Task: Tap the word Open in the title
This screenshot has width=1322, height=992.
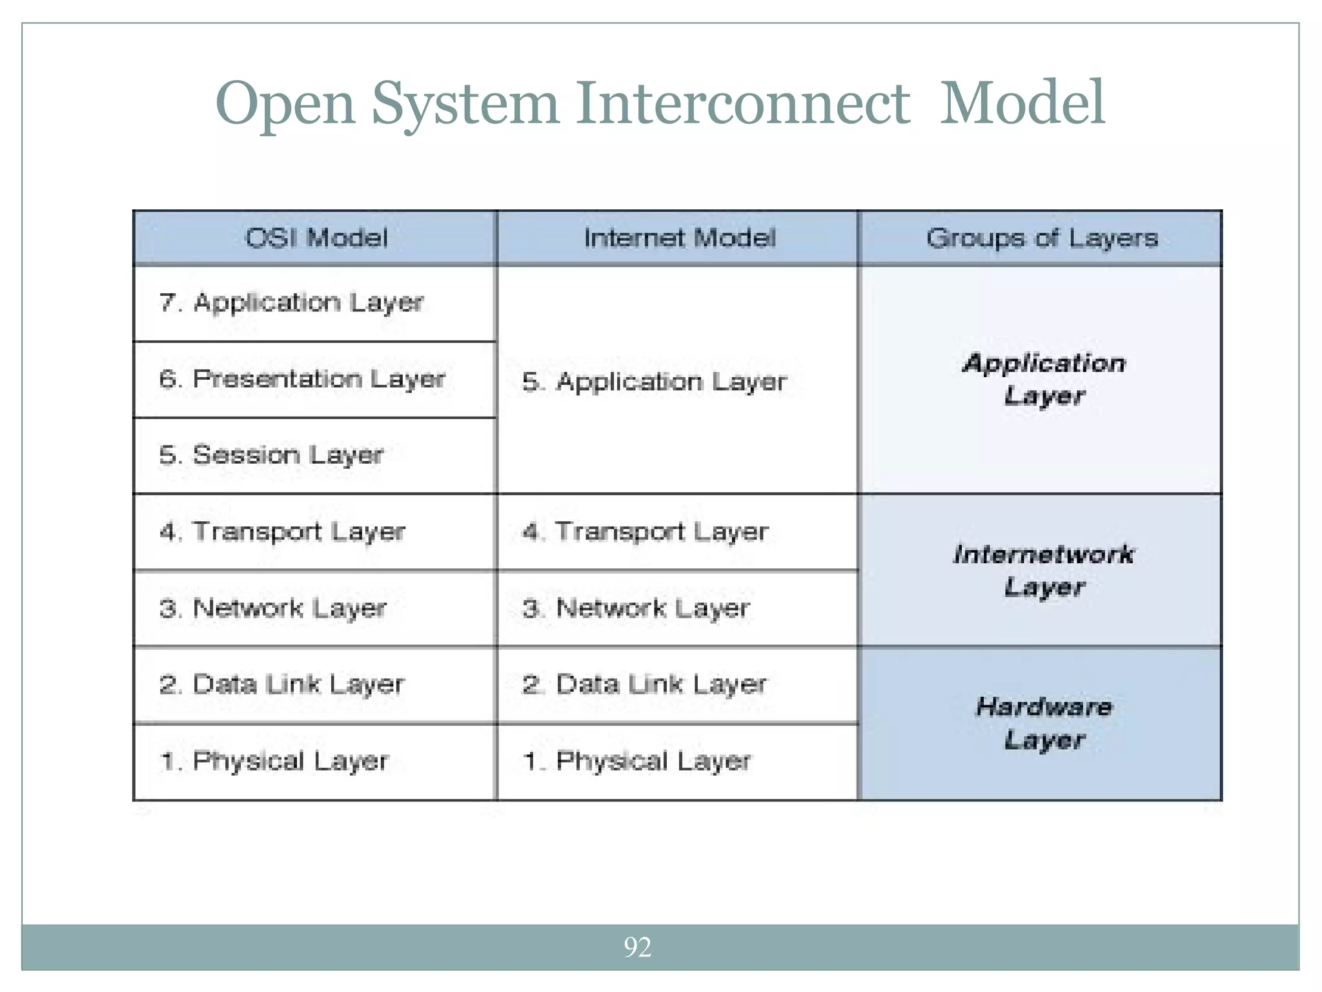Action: [285, 105]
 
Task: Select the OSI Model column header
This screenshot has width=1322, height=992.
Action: [316, 238]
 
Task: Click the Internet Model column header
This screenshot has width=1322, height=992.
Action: [679, 238]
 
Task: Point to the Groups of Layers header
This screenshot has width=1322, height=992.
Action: [1042, 238]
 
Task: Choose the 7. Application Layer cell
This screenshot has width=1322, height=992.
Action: [291, 303]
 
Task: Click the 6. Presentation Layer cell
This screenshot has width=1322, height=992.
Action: [302, 379]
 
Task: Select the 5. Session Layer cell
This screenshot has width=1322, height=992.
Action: [271, 455]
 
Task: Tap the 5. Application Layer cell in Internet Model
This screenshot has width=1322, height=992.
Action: [655, 382]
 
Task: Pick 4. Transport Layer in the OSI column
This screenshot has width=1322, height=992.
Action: [282, 532]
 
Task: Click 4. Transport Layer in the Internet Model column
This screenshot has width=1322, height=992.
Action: [646, 532]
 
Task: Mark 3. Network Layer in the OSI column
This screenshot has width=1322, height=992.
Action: [273, 608]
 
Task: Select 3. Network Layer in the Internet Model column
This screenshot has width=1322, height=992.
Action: [636, 608]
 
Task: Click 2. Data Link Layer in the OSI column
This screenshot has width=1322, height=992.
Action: [282, 685]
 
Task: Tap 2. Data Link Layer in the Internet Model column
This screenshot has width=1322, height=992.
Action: [645, 685]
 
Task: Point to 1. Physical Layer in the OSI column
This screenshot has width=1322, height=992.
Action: [274, 761]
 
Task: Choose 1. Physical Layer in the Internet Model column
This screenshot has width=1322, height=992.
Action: [637, 761]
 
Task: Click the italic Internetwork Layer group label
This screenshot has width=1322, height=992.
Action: [1043, 571]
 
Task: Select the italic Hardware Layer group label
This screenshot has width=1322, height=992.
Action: [1043, 723]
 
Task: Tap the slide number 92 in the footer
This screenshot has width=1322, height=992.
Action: [637, 947]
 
